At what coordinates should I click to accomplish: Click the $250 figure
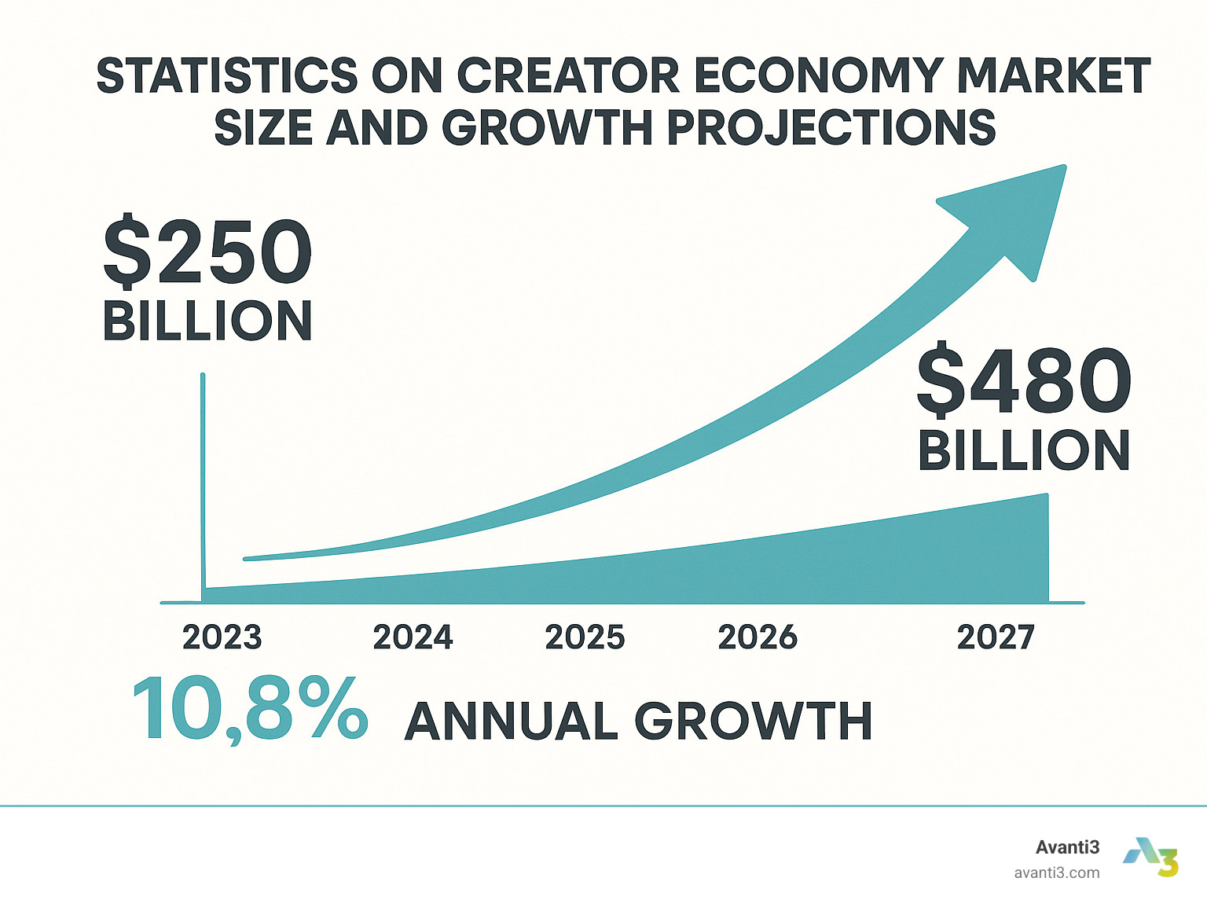click(208, 253)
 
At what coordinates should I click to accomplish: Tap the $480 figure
click(1024, 383)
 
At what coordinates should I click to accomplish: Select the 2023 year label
click(222, 637)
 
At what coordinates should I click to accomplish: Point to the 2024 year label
click(413, 637)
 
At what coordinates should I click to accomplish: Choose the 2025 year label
click(585, 637)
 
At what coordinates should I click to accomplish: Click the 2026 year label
click(758, 637)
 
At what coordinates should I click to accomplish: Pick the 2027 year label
click(996, 637)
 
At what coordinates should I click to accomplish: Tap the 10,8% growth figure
click(250, 711)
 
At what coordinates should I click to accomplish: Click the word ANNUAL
click(512, 722)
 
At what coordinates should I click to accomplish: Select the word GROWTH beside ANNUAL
click(754, 722)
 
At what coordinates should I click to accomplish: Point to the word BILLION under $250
click(208, 321)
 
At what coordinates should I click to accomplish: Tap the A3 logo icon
click(1153, 857)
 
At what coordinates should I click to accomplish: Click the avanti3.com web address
click(1057, 872)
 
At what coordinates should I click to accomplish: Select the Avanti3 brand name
click(1067, 847)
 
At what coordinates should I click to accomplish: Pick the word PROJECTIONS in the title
click(831, 127)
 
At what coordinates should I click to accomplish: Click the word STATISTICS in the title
click(227, 76)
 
